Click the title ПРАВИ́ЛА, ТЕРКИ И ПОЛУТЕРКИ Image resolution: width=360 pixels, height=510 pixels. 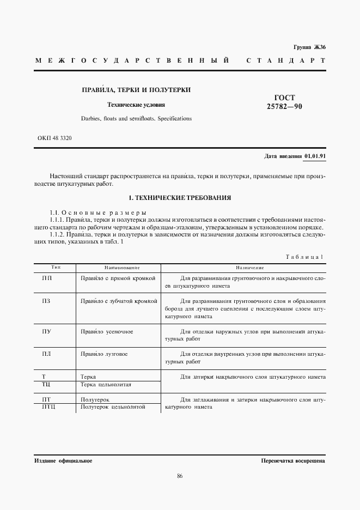(136, 89)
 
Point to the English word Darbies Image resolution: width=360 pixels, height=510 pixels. (92, 118)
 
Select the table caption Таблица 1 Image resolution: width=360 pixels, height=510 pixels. (304, 256)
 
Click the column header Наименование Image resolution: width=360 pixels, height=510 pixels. (123, 268)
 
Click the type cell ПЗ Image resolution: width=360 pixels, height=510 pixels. (47, 301)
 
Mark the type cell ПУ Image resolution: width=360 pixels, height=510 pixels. (47, 331)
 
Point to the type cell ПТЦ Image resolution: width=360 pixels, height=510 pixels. (49, 407)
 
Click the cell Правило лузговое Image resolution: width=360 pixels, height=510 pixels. (104, 354)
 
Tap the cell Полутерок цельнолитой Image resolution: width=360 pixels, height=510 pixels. (113, 407)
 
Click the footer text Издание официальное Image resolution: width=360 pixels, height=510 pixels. (63, 461)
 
